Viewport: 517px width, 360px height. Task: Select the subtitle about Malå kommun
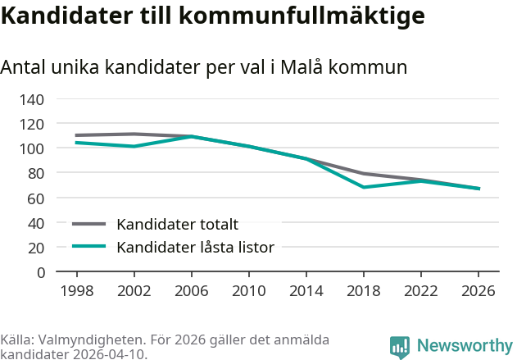pos(204,67)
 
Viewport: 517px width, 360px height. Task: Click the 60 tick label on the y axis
pos(36,198)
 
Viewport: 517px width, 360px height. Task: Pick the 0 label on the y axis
pos(40,271)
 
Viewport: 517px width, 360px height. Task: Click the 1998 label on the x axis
pos(77,291)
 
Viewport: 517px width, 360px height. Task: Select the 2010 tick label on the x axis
pos(249,291)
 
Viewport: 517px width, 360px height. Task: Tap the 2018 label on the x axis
pos(363,291)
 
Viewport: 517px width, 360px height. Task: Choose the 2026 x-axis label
pos(478,291)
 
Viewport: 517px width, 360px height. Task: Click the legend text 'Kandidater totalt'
pos(177,225)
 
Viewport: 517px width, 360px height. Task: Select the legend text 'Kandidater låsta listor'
pos(195,247)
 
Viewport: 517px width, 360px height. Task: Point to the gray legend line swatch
pos(89,224)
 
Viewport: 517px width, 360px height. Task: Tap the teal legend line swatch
pos(89,246)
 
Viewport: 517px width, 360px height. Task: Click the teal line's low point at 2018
pos(363,187)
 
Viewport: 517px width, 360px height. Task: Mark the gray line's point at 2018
pos(363,173)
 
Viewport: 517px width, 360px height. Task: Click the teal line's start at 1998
pos(77,143)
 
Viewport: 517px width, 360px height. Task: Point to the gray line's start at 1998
pos(77,135)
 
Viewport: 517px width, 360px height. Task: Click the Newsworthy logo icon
pos(400,347)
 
